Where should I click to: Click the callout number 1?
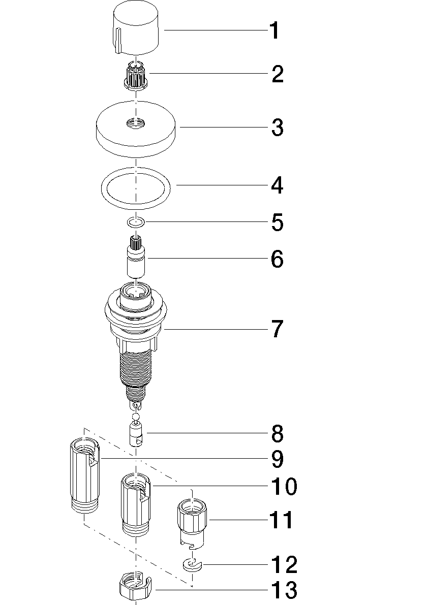click(x=274, y=31)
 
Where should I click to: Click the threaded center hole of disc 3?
click(x=135, y=123)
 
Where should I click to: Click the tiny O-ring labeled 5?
click(x=136, y=222)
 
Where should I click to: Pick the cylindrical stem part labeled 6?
click(x=136, y=256)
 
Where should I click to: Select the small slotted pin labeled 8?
click(x=136, y=434)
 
